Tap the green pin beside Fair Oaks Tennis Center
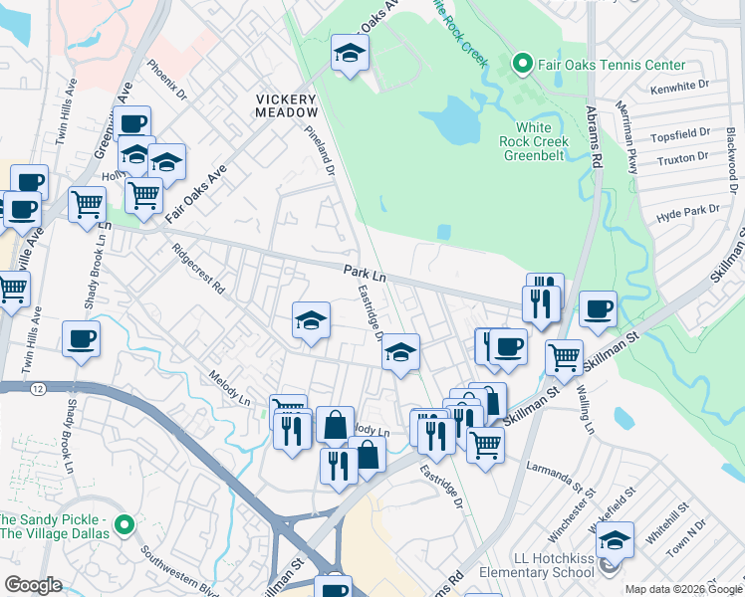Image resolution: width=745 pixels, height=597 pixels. point(520,65)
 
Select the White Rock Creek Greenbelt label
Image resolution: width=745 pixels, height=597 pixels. point(534,141)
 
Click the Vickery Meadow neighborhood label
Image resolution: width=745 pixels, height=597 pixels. point(286,105)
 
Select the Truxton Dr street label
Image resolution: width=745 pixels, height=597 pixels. point(683,156)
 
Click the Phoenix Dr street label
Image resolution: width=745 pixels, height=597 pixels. point(166,82)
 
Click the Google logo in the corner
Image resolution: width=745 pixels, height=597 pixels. point(33,584)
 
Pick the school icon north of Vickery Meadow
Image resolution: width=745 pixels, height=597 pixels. point(350,54)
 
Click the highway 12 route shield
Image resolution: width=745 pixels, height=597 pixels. point(37,386)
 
